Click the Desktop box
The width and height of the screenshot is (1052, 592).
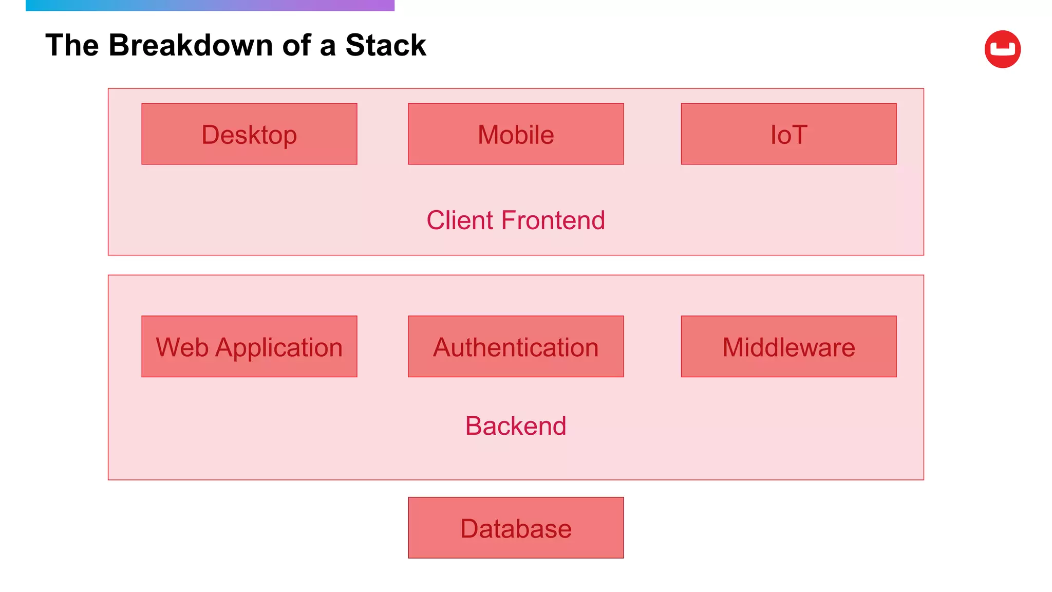point(249,134)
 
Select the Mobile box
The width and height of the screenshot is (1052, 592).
point(516,134)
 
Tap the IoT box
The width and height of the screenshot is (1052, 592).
point(788,134)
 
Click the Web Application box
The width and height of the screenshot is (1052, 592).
point(249,346)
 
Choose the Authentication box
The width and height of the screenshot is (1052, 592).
point(516,346)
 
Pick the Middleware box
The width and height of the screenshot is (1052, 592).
point(788,346)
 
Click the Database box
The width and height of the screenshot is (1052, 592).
point(516,528)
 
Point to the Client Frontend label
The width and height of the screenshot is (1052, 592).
point(516,220)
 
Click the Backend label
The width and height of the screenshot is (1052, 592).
point(516,426)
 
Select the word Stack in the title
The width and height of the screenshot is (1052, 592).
point(385,45)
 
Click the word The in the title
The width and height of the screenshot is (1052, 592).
point(72,45)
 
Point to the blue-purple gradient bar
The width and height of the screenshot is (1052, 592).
point(210,5)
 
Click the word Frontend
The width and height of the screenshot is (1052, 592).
point(553,220)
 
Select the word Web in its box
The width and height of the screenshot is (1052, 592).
point(182,347)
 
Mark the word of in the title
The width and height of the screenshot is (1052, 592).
point(296,45)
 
